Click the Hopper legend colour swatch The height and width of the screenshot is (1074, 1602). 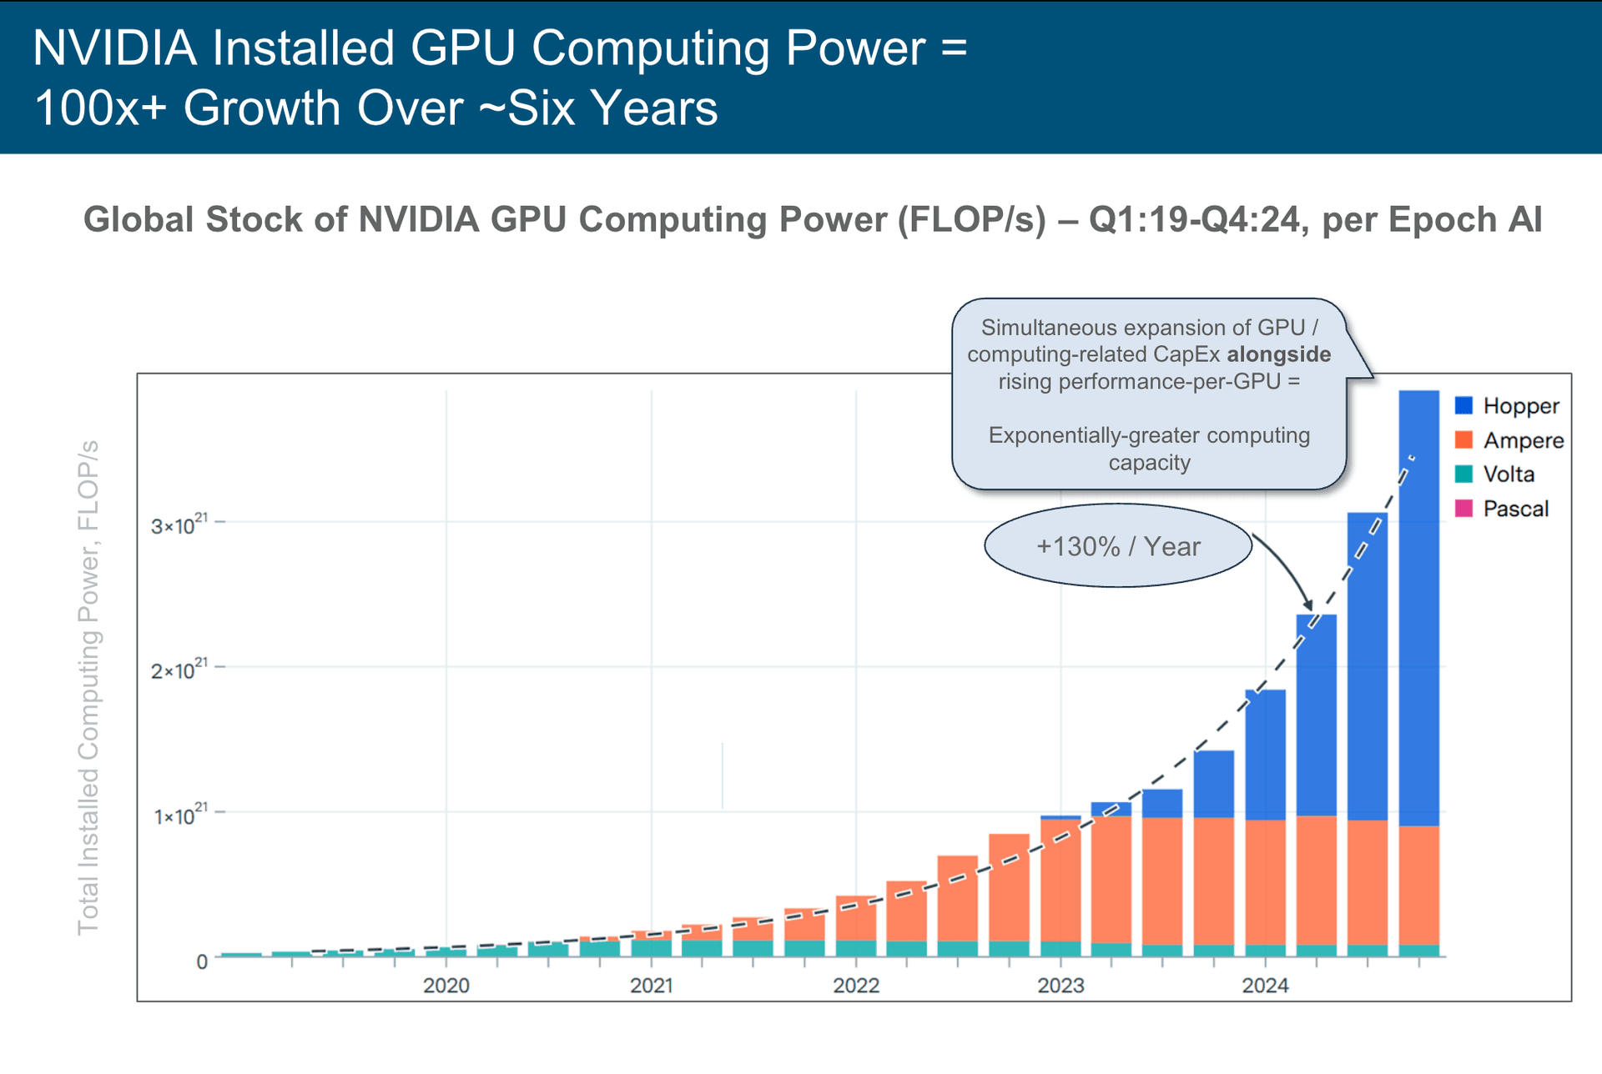(1463, 406)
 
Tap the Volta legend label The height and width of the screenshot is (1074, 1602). (1509, 474)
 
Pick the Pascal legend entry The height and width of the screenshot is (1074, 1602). (1515, 509)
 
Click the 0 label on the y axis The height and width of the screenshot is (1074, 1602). (202, 961)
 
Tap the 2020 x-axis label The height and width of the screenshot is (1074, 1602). (446, 986)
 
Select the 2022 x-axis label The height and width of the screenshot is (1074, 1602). (856, 986)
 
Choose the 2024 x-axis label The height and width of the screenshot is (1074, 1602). (1265, 986)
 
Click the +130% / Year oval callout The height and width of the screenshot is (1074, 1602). (1117, 546)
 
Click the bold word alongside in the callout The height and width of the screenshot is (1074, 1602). (1278, 354)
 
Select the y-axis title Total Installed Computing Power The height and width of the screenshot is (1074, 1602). (88, 687)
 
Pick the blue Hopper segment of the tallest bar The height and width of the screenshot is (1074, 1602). (1418, 609)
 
